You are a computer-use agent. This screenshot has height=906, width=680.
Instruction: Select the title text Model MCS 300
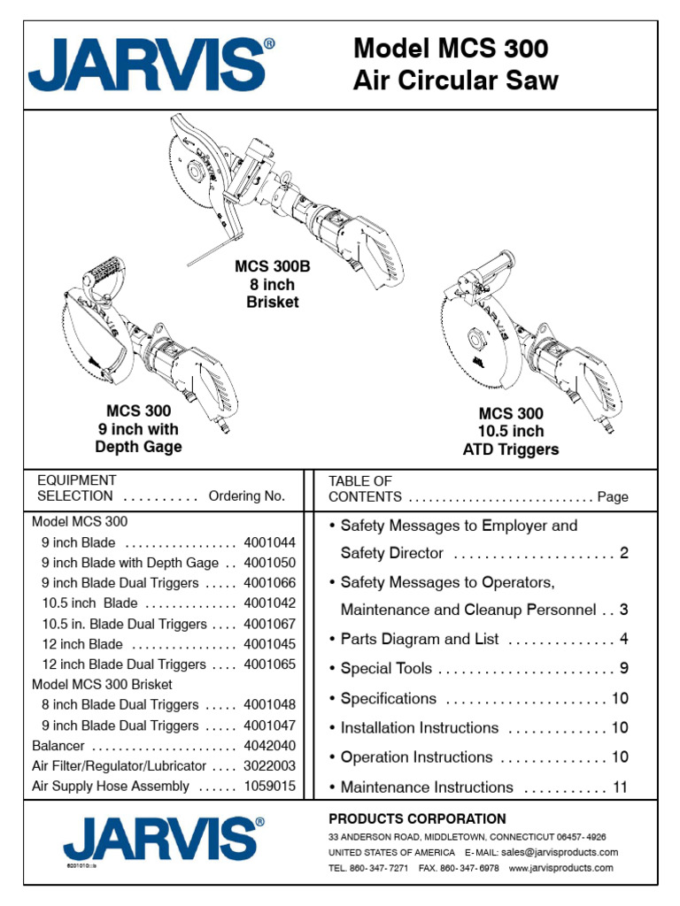(x=450, y=49)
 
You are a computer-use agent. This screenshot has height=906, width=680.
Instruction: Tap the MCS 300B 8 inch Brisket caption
(x=273, y=284)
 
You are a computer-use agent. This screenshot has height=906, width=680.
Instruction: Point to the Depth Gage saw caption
(x=139, y=429)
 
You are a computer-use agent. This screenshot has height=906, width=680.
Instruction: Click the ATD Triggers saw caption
(x=511, y=431)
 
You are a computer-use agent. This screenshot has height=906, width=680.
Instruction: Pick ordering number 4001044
(x=269, y=543)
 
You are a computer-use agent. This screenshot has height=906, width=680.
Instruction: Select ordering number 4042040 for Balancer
(x=269, y=746)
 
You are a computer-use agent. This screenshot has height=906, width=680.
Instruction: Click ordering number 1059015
(x=269, y=787)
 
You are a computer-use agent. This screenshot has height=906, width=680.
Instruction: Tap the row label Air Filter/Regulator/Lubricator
(x=119, y=766)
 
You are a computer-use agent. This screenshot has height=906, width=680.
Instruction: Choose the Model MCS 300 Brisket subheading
(x=102, y=685)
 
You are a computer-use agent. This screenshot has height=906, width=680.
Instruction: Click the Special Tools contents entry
(x=388, y=669)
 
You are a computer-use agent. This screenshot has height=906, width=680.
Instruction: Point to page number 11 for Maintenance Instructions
(x=620, y=787)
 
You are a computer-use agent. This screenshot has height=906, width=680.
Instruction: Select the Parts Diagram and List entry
(x=420, y=640)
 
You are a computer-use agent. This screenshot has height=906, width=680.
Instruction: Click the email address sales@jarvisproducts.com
(x=559, y=852)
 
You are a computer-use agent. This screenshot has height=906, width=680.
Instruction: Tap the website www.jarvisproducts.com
(x=560, y=868)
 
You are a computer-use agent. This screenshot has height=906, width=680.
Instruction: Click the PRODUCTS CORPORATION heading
(x=417, y=819)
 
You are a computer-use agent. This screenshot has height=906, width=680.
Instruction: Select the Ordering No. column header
(x=246, y=496)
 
